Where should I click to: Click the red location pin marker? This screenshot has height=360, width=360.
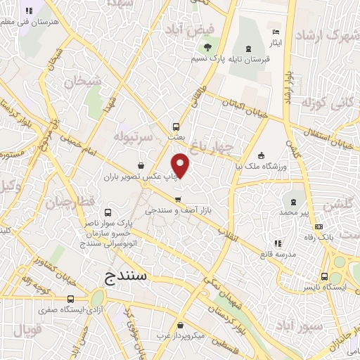(x=181, y=165)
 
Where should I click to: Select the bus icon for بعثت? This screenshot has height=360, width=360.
(x=176, y=127)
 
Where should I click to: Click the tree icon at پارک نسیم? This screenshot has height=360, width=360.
(x=207, y=48)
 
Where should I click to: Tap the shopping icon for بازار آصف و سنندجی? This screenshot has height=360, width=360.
(x=178, y=198)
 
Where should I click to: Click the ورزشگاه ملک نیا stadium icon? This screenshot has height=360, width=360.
(x=261, y=155)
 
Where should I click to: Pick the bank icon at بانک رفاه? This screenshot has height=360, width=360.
(x=319, y=226)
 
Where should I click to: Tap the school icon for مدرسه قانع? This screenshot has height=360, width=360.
(x=278, y=243)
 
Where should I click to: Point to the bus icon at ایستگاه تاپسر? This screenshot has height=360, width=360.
(x=324, y=276)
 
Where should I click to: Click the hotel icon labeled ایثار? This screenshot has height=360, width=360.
(x=276, y=32)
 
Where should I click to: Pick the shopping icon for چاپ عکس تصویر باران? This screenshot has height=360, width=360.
(x=142, y=166)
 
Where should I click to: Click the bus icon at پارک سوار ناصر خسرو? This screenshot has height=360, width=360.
(x=108, y=212)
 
